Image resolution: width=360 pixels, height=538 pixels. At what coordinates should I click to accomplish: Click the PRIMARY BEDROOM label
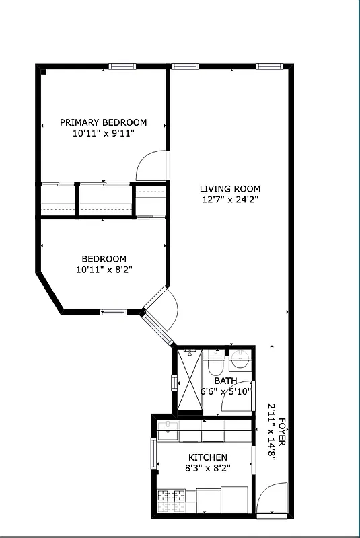tap(103, 122)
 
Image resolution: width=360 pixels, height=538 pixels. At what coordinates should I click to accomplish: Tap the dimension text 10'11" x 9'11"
tap(103, 134)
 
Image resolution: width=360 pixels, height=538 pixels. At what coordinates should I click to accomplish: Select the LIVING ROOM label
tap(229, 189)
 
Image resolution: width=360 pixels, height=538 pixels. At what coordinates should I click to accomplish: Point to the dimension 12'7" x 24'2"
tap(229, 200)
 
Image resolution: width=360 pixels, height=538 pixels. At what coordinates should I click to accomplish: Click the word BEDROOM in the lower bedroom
tap(104, 259)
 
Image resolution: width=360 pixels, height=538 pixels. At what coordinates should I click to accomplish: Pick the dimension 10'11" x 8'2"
tap(104, 270)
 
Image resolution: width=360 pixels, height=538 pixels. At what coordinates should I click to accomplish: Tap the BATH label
tap(225, 381)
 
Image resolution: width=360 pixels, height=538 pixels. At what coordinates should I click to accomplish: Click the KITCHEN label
tap(207, 457)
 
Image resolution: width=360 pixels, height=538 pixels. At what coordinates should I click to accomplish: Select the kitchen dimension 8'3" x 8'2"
tap(207, 468)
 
